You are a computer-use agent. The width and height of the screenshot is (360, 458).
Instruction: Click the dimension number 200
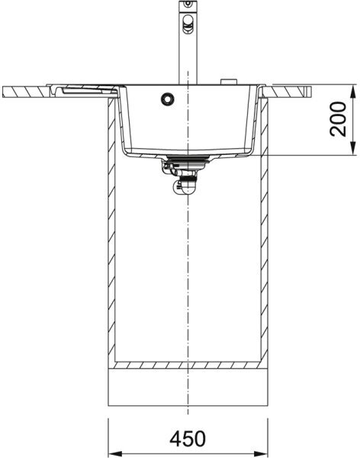338,119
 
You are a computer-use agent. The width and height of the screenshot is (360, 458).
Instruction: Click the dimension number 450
188,438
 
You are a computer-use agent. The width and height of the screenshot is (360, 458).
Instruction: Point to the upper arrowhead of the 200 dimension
353,92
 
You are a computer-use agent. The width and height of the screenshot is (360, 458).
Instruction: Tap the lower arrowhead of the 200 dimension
353,148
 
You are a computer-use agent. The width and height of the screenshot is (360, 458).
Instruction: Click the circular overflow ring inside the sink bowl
168,98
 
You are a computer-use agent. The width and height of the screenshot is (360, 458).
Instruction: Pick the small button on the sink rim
229,82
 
